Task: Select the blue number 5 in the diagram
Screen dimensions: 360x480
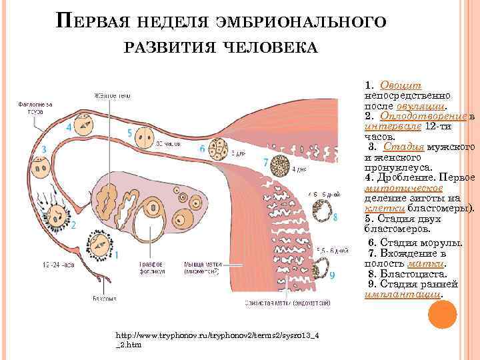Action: point(129,133)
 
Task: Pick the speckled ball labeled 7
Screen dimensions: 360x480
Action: point(282,163)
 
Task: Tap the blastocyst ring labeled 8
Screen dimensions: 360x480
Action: point(326,213)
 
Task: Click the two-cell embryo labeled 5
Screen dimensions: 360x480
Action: point(143,137)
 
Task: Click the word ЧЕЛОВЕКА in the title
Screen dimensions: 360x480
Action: point(271,47)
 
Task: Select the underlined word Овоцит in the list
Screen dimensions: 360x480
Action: point(401,86)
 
